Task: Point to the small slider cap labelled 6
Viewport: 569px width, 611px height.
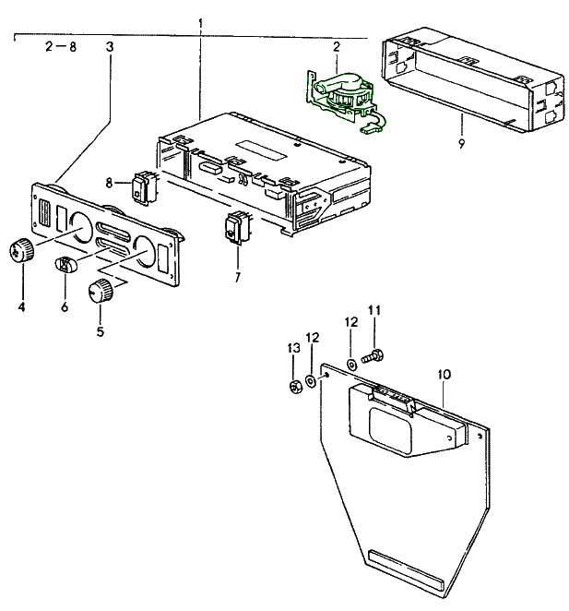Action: click(66, 265)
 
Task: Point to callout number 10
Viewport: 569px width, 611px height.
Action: click(444, 374)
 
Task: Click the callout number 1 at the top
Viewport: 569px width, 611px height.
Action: click(200, 20)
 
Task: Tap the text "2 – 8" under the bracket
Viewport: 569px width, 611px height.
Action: click(61, 46)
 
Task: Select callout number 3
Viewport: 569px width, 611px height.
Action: click(111, 46)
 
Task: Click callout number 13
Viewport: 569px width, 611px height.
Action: click(293, 348)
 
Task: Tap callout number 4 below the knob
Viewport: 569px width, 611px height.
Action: click(20, 305)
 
